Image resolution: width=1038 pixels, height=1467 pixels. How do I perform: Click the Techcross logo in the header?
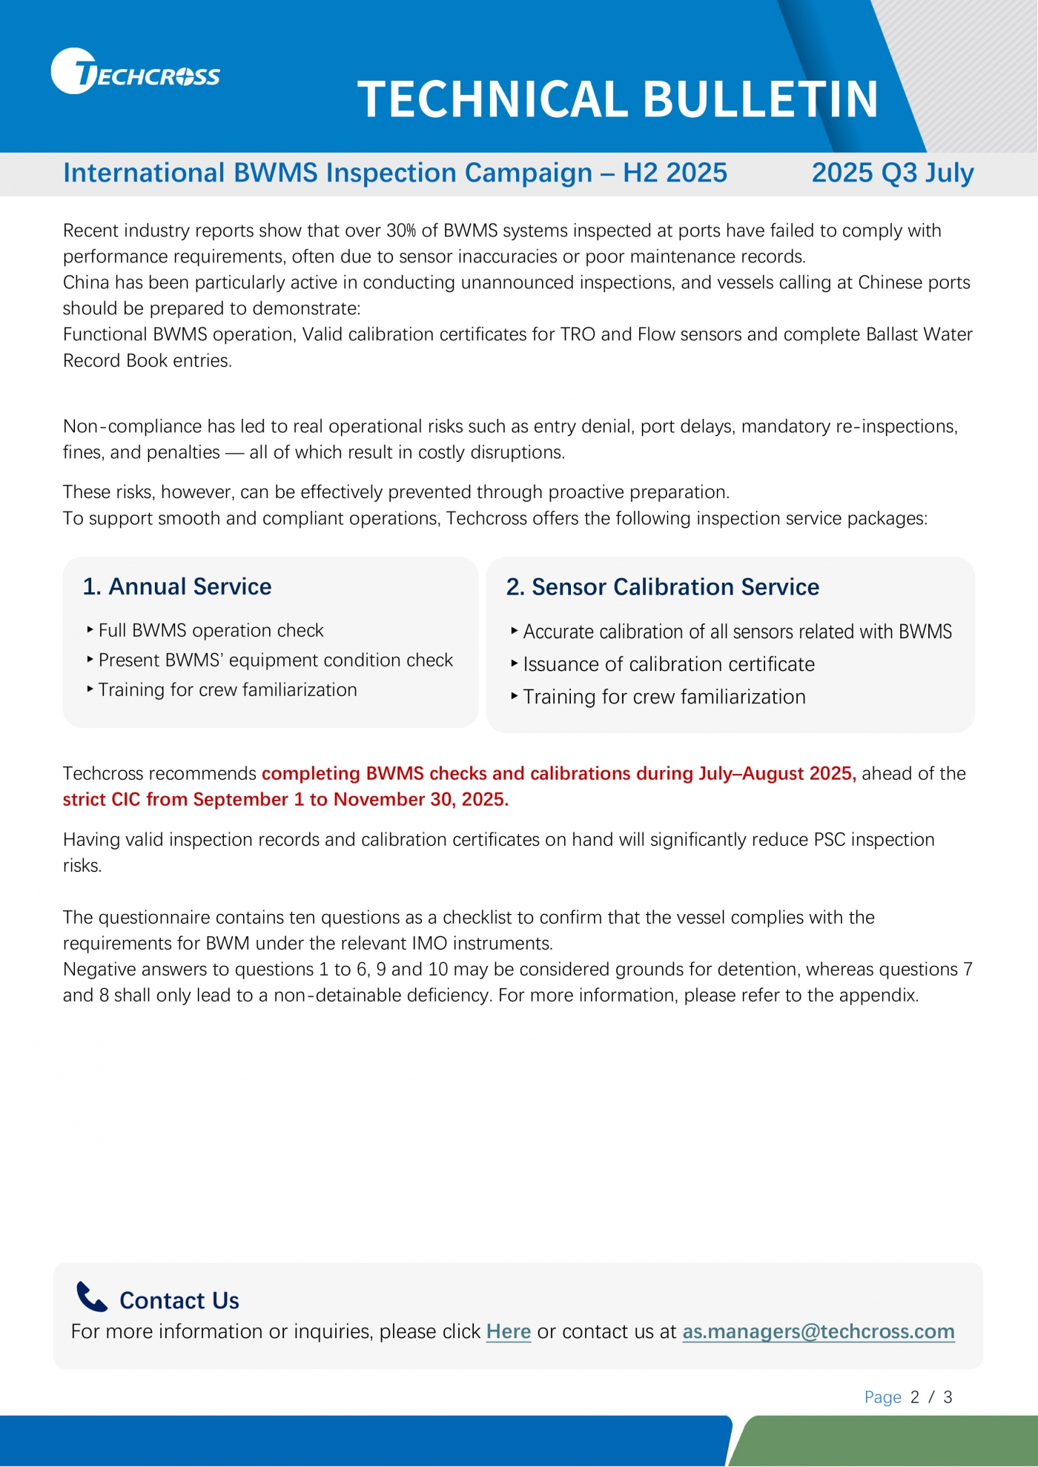tap(135, 72)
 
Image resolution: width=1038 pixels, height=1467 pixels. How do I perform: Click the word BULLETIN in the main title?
tap(760, 99)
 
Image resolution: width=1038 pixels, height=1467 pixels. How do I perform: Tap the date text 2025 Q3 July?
tap(892, 173)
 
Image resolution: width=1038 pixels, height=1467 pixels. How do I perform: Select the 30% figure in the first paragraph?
tap(400, 231)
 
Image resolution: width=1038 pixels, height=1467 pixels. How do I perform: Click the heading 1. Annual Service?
tap(177, 586)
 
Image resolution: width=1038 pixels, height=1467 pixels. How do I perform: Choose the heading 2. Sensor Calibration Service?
tap(662, 587)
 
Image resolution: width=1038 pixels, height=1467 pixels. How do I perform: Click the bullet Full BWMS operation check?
tap(211, 630)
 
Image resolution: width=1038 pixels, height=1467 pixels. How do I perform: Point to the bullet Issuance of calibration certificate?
tap(668, 664)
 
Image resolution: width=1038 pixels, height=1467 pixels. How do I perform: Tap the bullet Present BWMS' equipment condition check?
tap(275, 660)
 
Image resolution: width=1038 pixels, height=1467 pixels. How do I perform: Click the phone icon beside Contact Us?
tap(92, 1297)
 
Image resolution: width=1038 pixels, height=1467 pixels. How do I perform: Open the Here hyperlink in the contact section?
tap(508, 1331)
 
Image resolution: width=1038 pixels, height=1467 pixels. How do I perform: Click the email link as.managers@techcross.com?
tap(818, 1331)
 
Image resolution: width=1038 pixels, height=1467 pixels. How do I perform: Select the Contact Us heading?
tap(179, 1300)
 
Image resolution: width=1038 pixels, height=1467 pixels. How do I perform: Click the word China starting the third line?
tap(85, 282)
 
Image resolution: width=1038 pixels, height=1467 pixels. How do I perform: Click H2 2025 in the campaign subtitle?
tap(675, 173)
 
